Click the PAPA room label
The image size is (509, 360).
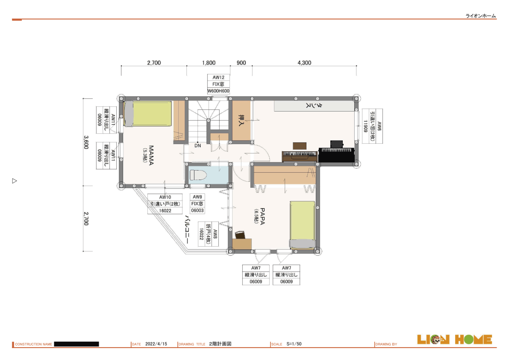point(262,216)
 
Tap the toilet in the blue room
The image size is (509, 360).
point(198,175)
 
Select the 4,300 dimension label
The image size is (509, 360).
point(304,63)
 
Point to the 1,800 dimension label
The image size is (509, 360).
point(209,63)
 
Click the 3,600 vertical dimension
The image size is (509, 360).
point(86,142)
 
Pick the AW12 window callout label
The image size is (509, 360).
point(218,84)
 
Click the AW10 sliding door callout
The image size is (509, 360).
point(165,204)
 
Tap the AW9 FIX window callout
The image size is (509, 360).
point(197,204)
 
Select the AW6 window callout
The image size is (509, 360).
point(372,126)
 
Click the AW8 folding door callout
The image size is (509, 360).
point(209,234)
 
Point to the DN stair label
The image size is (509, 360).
point(198,146)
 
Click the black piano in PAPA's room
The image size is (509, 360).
point(337,152)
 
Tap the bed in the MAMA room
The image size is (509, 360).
point(148,114)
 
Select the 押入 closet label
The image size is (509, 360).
point(241,120)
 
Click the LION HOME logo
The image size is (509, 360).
point(454,339)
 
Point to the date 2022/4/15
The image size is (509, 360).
point(156,344)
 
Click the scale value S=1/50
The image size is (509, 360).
point(294,344)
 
